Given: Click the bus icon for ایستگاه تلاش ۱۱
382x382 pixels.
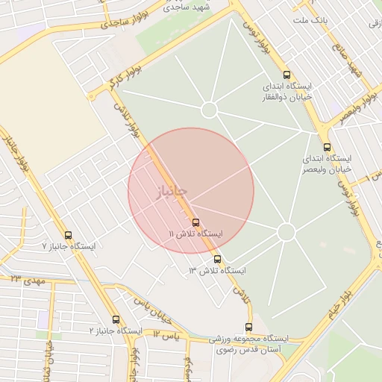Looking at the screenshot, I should [x=195, y=222].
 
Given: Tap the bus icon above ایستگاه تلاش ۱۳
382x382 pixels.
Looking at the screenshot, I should [x=217, y=259].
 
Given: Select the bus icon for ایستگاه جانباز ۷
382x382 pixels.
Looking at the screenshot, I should [x=69, y=235].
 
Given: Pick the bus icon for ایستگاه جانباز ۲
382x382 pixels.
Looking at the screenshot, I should [x=116, y=319].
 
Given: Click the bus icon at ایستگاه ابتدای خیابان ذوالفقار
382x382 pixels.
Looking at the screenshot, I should [x=287, y=75].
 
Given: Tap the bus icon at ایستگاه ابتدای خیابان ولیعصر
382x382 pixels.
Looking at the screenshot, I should [x=327, y=147].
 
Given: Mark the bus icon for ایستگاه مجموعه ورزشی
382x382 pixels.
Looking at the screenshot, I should [x=248, y=327].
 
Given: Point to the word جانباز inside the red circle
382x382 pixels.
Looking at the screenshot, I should [x=171, y=192].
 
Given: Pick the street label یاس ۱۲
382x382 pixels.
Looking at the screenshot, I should [x=167, y=335].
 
